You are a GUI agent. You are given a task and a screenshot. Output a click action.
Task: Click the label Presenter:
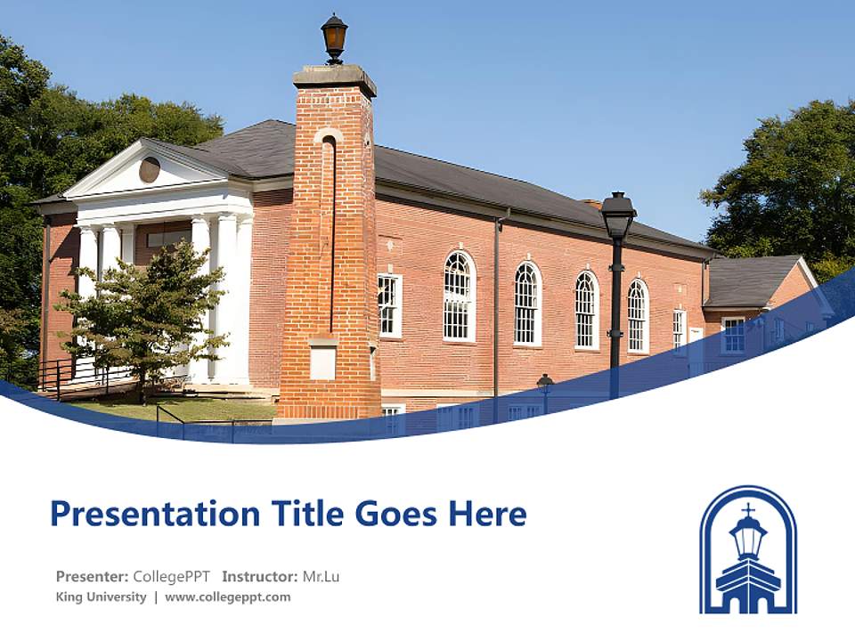pos(93,576)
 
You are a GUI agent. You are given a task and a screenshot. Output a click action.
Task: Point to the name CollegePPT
pos(172,576)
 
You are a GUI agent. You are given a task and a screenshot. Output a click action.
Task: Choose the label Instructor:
pos(260,576)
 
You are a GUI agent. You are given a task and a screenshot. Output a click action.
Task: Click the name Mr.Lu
pos(321,576)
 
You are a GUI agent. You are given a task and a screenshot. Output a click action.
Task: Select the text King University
pos(101,596)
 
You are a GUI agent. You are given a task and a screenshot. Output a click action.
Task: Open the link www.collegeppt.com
pos(227,596)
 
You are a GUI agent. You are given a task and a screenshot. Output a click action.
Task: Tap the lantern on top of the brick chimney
pos(334,37)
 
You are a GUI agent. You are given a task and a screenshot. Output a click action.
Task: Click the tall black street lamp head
pos(617,215)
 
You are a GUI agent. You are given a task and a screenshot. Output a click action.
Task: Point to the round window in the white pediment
pos(150,169)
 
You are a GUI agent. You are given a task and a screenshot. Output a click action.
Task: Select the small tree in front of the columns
pos(142,312)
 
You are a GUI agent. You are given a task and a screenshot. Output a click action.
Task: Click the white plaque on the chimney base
pos(322,361)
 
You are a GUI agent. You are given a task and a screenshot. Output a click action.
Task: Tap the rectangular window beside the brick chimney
pos(389,305)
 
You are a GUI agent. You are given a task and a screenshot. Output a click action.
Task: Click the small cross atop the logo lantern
pos(748,509)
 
